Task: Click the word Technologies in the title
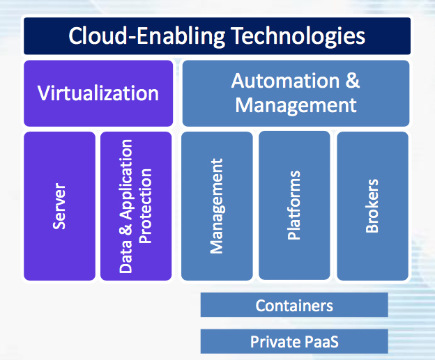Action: pos(298,37)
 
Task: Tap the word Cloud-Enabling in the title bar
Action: pos(147,37)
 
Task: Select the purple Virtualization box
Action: pos(98,93)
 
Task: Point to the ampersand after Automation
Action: pos(353,81)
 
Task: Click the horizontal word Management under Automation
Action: pos(296,106)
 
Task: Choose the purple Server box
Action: pos(60,206)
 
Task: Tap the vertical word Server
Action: pos(59,206)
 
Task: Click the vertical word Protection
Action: pos(146,206)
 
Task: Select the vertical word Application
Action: pos(126,180)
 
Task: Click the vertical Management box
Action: pos(217,206)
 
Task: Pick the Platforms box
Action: pos(294,205)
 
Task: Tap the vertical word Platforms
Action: pos(294,205)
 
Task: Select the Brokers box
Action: pos(372,206)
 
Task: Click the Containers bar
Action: pos(294,304)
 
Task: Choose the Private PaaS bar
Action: pos(294,341)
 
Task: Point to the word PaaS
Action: pos(321,342)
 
